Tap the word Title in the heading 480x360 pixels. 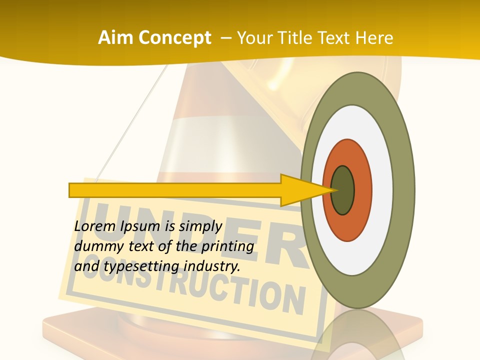pos(292,38)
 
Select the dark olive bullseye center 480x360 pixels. pos(343,190)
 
